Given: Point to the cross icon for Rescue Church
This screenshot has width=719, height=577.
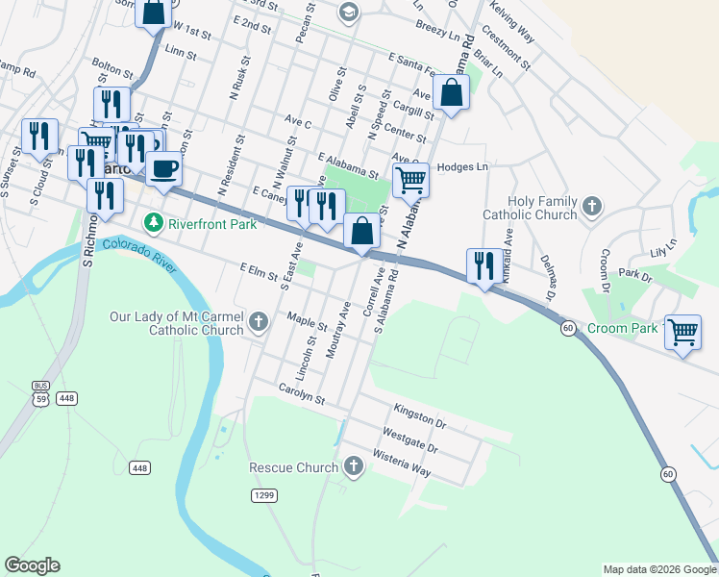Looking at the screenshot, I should tap(354, 467).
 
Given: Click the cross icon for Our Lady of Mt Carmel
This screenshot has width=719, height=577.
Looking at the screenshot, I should tap(258, 322).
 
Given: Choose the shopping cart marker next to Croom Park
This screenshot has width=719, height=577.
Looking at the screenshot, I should tap(682, 332).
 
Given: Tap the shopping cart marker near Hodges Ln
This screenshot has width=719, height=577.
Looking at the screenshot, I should tap(410, 179).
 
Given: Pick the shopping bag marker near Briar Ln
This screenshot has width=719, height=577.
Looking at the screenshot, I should tap(451, 93).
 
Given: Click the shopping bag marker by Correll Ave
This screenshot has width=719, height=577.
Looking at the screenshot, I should tap(361, 232).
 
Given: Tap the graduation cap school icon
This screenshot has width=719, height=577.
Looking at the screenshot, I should tap(348, 13).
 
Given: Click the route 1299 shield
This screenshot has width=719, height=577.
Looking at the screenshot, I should tap(264, 495).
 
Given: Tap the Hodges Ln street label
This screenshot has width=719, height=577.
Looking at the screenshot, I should tap(462, 166).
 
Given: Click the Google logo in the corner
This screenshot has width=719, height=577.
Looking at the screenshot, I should tap(32, 565).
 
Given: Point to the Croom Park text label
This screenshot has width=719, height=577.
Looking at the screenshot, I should tap(624, 328).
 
